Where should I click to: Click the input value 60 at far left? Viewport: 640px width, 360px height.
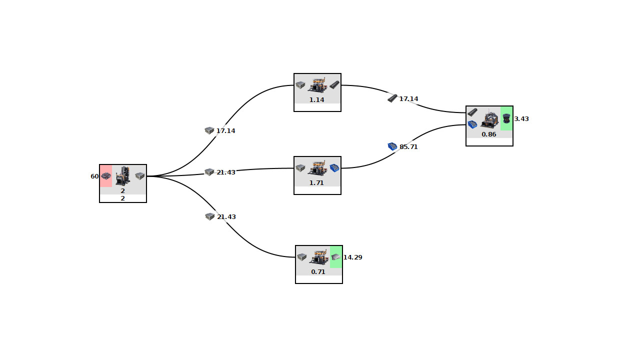[x=94, y=176]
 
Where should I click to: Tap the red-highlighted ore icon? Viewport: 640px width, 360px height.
[x=106, y=176]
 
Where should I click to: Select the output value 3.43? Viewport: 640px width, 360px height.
[x=521, y=119]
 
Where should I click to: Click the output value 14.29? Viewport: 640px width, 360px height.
[x=352, y=257]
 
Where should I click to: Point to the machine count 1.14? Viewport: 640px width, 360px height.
[x=316, y=100]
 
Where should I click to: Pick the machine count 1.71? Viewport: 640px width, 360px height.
[x=316, y=183]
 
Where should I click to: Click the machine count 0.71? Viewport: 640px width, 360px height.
[x=318, y=272]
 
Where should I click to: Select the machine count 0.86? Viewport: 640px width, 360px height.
[x=489, y=134]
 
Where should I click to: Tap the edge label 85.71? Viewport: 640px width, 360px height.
[x=408, y=147]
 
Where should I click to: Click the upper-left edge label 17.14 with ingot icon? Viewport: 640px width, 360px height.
[x=225, y=131]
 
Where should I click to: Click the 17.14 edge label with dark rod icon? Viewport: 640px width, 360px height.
[x=408, y=99]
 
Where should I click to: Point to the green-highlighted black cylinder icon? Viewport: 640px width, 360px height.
[x=506, y=118]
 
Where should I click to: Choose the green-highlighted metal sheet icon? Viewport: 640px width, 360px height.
[x=335, y=257]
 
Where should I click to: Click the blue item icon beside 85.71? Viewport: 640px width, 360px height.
[x=392, y=146]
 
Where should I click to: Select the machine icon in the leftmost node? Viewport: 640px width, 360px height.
[x=123, y=176]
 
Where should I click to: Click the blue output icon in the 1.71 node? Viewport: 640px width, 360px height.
[x=334, y=168]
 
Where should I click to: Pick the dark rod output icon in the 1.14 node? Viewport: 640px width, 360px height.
[x=334, y=85]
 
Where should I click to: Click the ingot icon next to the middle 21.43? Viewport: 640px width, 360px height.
[x=209, y=172]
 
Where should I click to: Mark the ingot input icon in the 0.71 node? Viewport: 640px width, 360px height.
[x=302, y=257]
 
